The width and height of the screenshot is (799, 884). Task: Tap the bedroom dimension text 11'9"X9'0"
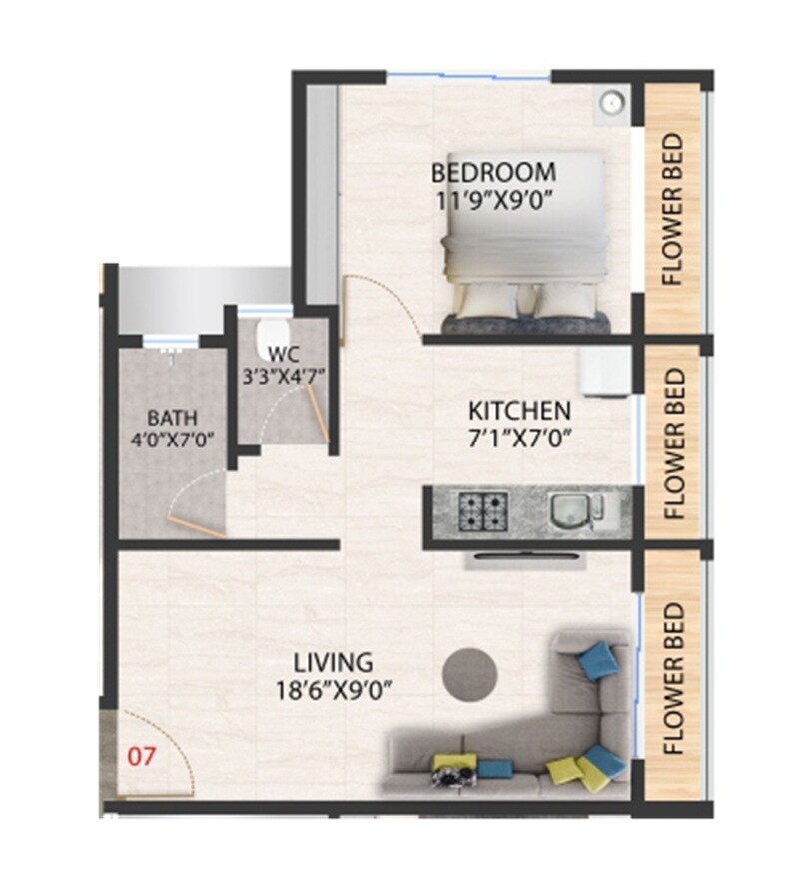492,198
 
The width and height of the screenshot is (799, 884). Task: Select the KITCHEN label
520,410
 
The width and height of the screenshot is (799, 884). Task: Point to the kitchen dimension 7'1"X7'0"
519,437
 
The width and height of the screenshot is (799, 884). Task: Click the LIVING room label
333,662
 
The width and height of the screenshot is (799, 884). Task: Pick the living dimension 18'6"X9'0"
333,689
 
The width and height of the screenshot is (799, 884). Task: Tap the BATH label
173,417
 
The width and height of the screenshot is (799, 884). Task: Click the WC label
285,354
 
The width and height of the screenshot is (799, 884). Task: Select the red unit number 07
142,756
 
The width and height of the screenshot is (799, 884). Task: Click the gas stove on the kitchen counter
483,511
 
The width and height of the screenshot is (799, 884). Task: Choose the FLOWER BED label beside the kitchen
674,442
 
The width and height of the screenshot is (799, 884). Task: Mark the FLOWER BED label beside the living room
674,678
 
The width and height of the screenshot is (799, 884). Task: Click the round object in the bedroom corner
612,100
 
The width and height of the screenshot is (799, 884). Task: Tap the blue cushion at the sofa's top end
598,657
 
